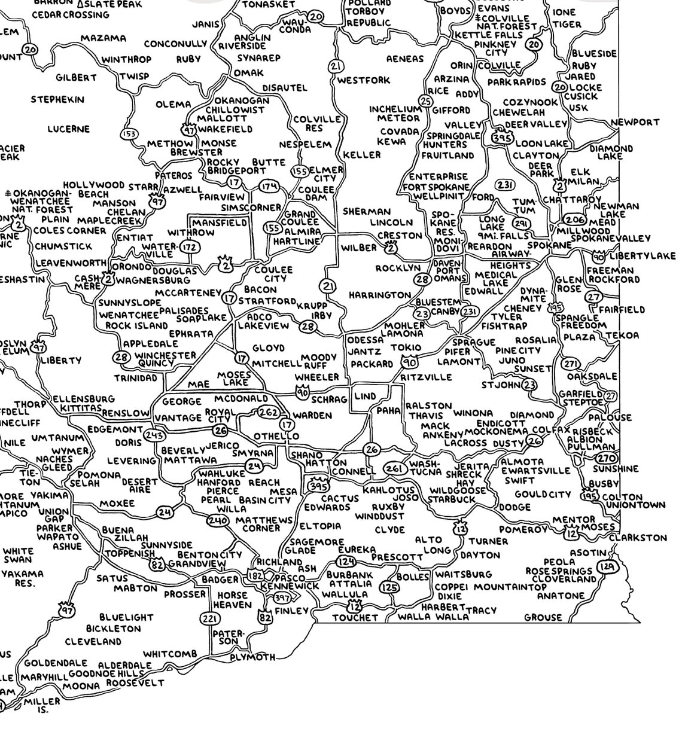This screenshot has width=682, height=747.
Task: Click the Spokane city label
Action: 549,246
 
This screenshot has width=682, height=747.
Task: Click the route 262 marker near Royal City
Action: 268,412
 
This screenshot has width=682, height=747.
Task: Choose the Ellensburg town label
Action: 83,399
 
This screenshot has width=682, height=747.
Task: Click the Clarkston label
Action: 646,538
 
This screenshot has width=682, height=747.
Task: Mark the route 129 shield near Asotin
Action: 608,567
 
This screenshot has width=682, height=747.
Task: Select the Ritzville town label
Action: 426,377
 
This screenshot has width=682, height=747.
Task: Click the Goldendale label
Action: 56,664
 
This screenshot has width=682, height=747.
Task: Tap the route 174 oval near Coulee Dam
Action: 269,187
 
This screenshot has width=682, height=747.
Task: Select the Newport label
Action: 635,122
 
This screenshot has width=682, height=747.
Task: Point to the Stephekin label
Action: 57,100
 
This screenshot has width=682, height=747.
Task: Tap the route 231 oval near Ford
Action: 506,185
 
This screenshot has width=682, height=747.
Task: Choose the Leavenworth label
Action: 71,263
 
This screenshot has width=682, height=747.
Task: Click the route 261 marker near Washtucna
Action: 393,468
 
